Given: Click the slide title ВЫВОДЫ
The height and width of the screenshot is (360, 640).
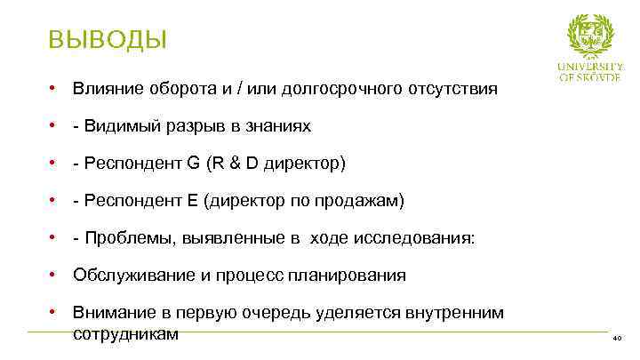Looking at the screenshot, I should (x=107, y=40).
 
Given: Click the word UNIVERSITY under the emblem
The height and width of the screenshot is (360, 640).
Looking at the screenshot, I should (x=589, y=67).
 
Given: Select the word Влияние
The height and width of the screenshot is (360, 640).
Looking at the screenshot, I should (x=105, y=89).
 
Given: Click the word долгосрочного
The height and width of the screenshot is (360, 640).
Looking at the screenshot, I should (x=340, y=89).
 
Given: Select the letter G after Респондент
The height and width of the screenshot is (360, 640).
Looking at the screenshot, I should (x=194, y=164).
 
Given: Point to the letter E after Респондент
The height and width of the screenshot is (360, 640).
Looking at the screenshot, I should (x=192, y=201).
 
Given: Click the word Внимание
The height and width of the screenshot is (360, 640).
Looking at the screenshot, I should (x=109, y=313).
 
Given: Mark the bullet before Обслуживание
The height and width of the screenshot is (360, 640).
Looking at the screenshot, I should (x=54, y=275).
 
